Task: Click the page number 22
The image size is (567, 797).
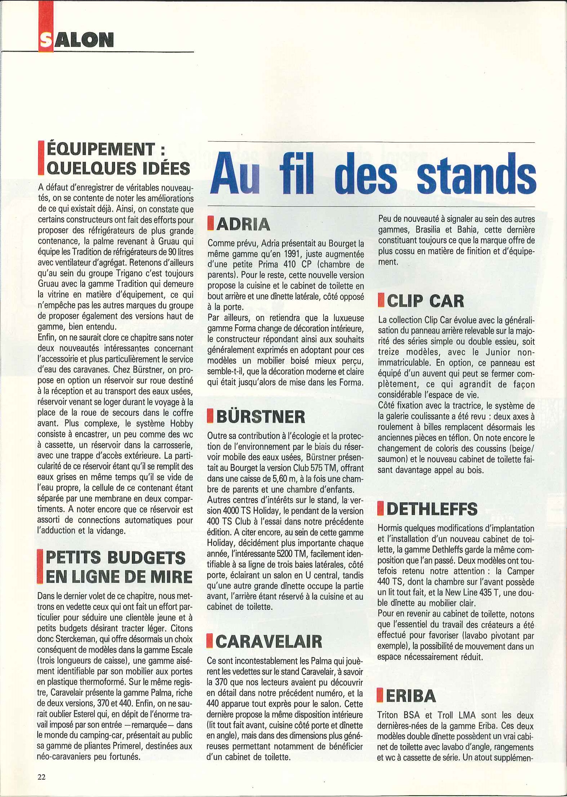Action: point(41,777)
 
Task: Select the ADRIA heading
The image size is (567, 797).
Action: point(243,224)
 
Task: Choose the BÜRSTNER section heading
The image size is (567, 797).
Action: point(261,417)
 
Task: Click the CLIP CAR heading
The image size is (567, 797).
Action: point(426,301)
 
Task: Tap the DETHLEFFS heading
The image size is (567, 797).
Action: point(431,509)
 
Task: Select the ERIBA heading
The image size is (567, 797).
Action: point(411,696)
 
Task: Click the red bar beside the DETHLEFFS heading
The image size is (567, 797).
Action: point(380,509)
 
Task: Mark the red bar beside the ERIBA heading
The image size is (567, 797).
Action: point(380,696)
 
